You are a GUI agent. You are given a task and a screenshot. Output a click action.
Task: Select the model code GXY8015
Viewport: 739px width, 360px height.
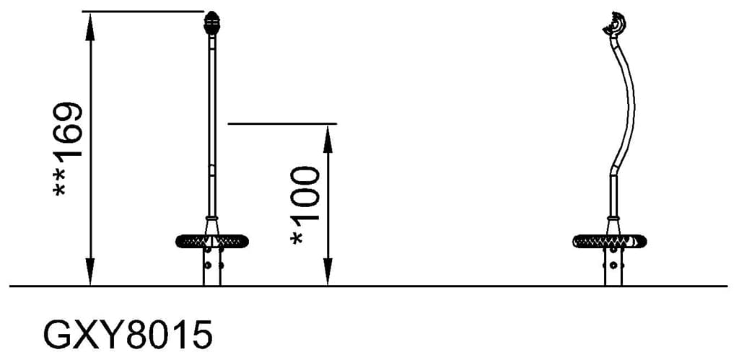(128, 335)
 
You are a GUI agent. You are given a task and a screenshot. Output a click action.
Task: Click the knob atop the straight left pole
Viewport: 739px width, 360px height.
(212, 23)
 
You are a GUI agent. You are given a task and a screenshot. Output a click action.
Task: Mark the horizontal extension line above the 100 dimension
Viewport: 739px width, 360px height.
(282, 123)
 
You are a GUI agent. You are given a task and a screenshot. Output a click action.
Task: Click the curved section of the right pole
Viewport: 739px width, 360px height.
(631, 108)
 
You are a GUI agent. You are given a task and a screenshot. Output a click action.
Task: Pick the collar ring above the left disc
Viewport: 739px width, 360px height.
(211, 217)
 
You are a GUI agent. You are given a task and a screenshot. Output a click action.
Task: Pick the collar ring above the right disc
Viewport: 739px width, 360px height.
(613, 217)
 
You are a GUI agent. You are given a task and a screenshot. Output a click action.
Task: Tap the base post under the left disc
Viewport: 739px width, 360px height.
(211, 267)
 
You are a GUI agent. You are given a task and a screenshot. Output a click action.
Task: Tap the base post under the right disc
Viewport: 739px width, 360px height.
(613, 267)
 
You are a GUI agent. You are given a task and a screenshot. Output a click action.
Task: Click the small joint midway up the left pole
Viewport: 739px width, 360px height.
(211, 171)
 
